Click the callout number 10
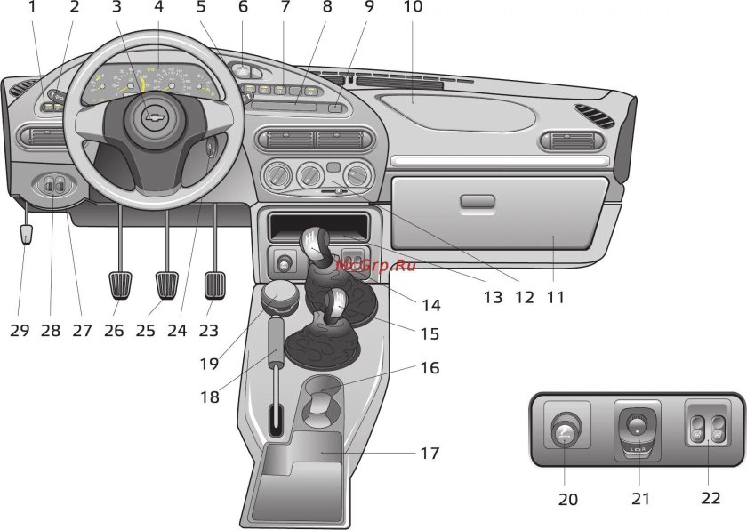tap(413, 7)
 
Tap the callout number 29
tap(20, 331)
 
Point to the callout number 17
tap(430, 453)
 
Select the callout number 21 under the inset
tap(640, 499)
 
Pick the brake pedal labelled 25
tap(166, 286)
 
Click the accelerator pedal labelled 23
tap(215, 285)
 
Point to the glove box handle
tap(478, 202)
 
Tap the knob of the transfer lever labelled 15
tap(335, 305)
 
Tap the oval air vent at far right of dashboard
tap(593, 116)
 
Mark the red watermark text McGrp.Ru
tap(375, 264)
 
